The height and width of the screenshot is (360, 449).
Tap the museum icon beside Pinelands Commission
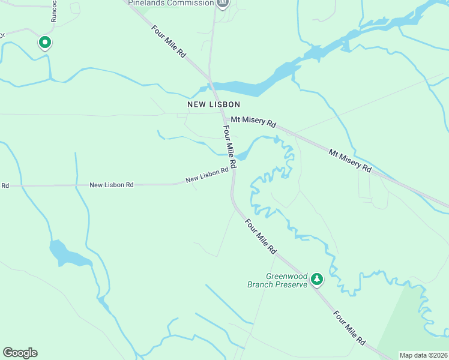click(x=223, y=3)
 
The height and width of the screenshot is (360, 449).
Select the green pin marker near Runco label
click(x=44, y=43)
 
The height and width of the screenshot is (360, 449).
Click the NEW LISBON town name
click(x=206, y=104)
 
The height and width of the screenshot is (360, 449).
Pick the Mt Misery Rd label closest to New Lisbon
click(x=253, y=122)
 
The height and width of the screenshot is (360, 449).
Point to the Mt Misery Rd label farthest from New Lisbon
click(x=349, y=161)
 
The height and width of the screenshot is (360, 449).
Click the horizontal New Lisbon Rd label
click(x=111, y=185)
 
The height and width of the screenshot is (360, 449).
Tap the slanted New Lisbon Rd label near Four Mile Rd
click(x=207, y=175)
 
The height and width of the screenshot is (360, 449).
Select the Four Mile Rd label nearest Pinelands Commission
click(x=169, y=41)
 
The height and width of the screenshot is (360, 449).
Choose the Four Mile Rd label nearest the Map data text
click(x=349, y=328)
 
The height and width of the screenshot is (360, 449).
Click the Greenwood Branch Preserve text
click(x=277, y=280)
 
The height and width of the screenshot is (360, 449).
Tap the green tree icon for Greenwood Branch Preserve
click(x=317, y=279)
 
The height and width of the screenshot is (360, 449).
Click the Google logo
click(x=20, y=353)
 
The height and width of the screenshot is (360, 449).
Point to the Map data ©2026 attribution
click(x=424, y=355)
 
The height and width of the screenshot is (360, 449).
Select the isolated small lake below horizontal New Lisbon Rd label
click(x=68, y=254)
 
